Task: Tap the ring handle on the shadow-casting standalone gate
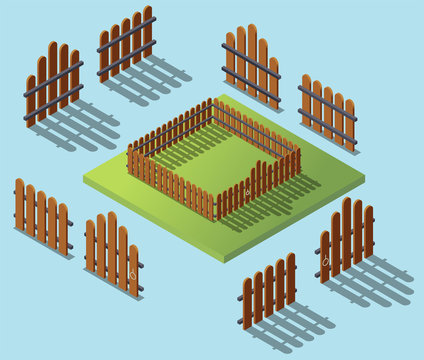325,262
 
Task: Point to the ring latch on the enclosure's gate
247,190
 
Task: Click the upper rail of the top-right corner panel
327,98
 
